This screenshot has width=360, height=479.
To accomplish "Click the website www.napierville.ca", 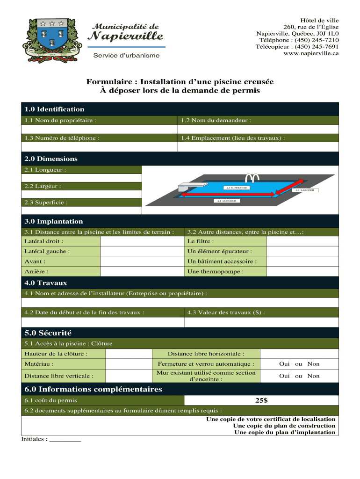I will point(311,53).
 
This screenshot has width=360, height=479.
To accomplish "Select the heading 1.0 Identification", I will point(55,109).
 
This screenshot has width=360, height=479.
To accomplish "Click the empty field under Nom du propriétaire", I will point(99,130).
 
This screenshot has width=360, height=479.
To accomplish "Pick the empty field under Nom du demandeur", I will point(258,130).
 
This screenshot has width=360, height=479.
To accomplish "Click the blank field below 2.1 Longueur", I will point(81,178).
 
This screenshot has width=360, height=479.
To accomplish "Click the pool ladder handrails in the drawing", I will point(253,178).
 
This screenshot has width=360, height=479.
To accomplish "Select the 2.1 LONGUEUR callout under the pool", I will point(226,201).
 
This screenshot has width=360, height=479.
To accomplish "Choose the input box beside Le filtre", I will point(302,241).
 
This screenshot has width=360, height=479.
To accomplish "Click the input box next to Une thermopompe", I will point(302,272).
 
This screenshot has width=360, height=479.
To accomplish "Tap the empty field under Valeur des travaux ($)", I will point(261,323).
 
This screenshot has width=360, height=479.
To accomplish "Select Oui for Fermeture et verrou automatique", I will point(284,364).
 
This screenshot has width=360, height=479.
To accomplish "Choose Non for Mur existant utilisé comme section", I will point(314,376).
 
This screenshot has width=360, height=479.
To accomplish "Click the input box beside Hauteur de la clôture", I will point(128,354).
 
